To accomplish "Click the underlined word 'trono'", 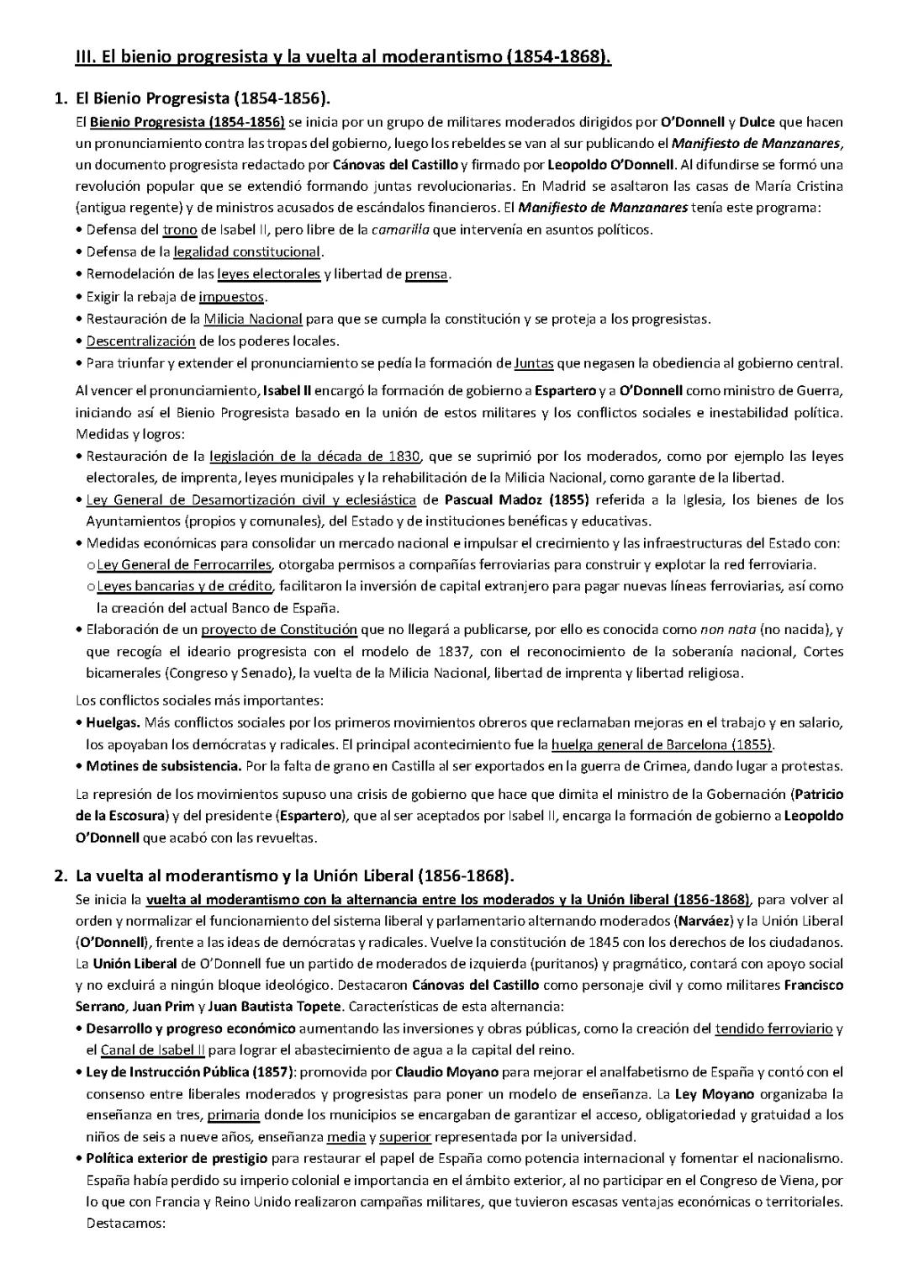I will tap(180, 230).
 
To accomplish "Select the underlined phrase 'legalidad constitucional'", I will tap(247, 251).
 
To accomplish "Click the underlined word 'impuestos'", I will tap(231, 296).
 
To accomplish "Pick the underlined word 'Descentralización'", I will tap(140, 341).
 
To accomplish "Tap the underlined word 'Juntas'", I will tap(534, 363).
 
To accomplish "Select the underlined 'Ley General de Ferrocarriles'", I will tap(184, 564).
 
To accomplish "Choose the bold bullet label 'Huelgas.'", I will tap(113, 722).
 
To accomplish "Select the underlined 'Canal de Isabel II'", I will tap(152, 1050).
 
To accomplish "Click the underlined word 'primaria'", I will tap(233, 1115).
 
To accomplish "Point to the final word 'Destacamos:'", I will tap(126, 1223).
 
